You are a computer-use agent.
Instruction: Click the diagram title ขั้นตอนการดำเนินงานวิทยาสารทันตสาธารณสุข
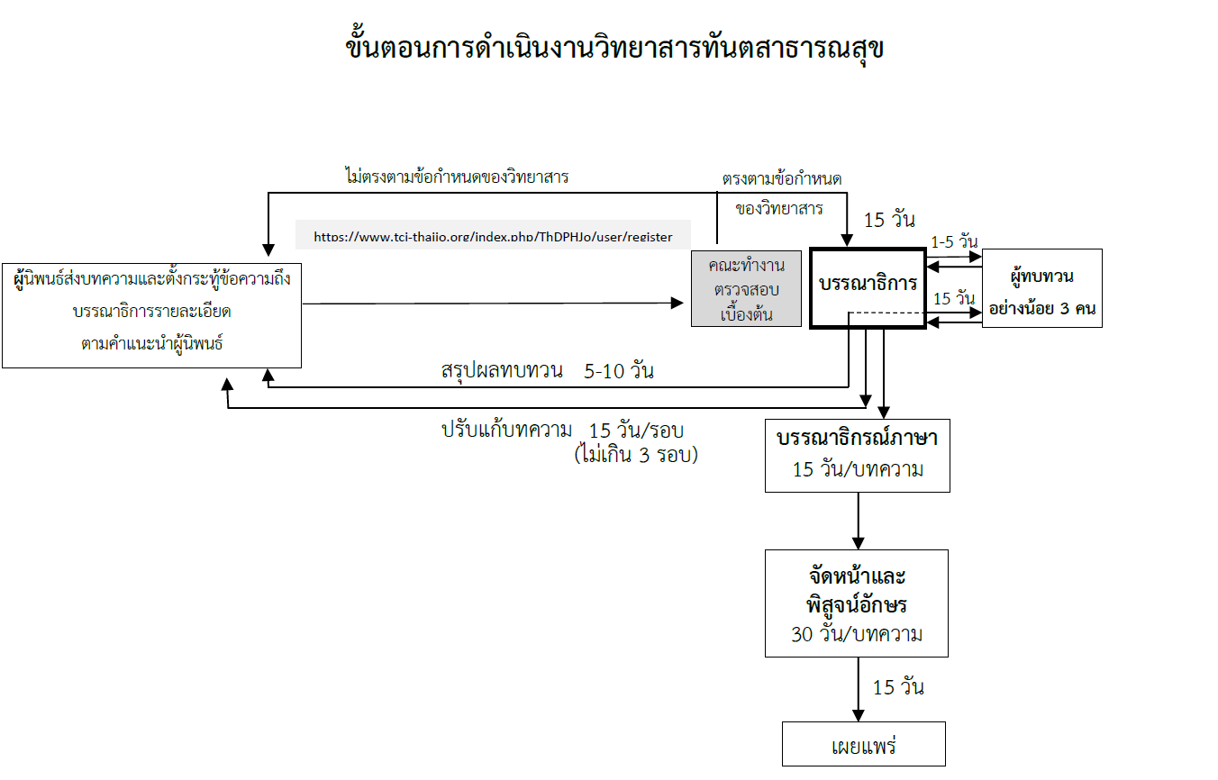tap(615, 48)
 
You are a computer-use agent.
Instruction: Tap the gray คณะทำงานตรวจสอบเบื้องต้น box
tap(746, 288)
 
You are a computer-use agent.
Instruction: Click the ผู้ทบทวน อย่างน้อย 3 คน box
tap(1041, 288)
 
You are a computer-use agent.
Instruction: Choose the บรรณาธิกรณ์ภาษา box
tap(857, 455)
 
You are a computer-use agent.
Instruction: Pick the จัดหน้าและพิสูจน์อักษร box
tap(857, 603)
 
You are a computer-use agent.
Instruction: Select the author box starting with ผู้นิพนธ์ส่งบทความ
tap(151, 315)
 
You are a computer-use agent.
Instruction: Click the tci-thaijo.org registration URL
tap(493, 237)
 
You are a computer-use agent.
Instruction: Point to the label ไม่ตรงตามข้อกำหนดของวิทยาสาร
tap(456, 177)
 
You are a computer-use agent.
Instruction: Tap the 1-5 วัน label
tap(955, 241)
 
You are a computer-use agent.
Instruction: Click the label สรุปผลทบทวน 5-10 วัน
tap(548, 370)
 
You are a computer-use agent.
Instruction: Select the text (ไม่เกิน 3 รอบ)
tap(635, 454)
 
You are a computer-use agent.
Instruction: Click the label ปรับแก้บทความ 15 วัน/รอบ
tap(568, 430)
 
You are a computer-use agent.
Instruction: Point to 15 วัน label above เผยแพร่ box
tap(898, 687)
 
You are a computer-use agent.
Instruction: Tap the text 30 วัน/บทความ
tap(857, 634)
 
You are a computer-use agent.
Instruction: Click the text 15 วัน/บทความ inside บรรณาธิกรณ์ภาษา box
tap(857, 469)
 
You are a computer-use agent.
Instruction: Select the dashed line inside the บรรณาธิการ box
tap(886, 313)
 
